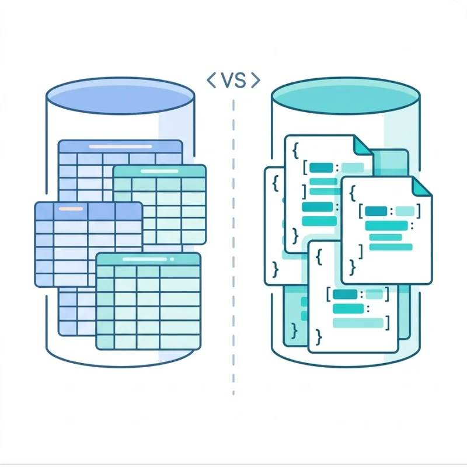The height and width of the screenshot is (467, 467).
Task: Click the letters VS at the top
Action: coord(233,81)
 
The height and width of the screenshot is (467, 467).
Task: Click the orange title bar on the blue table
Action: coord(71,208)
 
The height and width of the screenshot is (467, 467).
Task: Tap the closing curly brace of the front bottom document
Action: coord(318,336)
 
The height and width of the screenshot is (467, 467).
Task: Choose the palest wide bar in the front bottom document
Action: coord(357,322)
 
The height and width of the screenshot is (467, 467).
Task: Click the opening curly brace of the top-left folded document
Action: coord(296,151)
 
